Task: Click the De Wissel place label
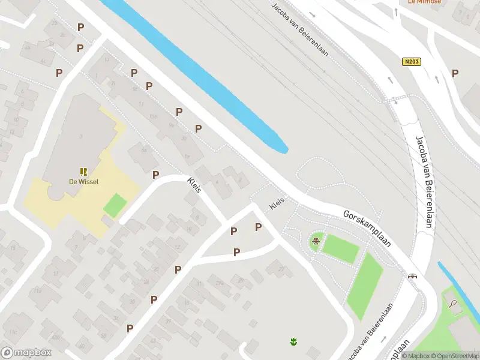click(84, 181)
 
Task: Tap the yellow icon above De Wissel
click(84, 172)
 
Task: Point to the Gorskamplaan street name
click(367, 229)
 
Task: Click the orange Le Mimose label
click(424, 2)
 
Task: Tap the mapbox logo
click(26, 353)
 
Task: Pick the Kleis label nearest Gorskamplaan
click(277, 203)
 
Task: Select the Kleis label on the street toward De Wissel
click(194, 185)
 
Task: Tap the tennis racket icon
click(454, 304)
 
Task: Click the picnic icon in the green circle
click(316, 242)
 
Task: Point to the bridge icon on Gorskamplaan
click(413, 276)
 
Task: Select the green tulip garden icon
click(293, 342)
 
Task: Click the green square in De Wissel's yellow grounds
click(115, 205)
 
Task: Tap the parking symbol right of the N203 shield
click(455, 73)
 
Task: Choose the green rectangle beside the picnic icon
click(341, 248)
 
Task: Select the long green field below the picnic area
click(365, 286)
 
